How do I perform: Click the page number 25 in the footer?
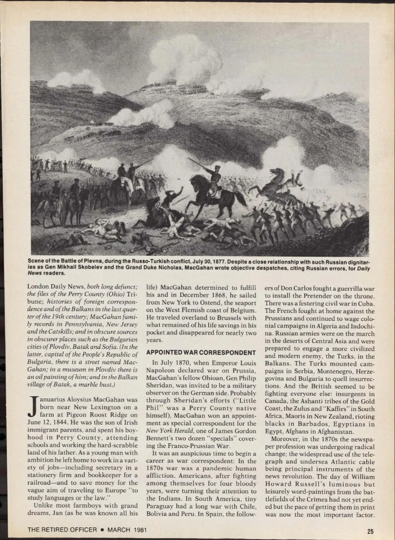pyautogui.click(x=370, y=530)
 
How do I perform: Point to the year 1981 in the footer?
pyautogui.click(x=140, y=530)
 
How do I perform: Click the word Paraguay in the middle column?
pyautogui.click(x=160, y=506)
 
